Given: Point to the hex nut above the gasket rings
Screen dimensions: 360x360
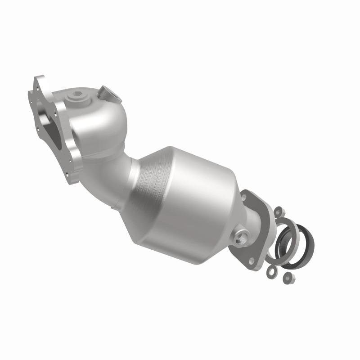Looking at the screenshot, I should click(278, 210).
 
